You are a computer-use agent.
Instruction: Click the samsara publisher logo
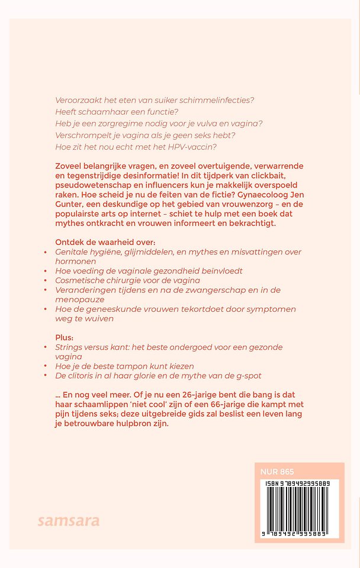pos(69,521)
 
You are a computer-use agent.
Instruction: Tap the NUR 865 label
pos(277,472)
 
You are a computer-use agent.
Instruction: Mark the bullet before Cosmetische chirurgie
pos(46,280)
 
